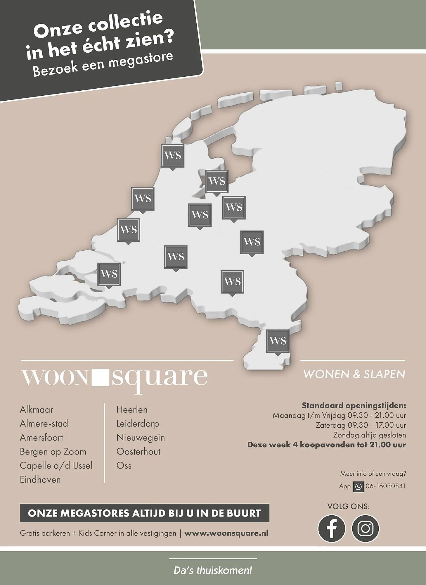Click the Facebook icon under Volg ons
coord(331,529)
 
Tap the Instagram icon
coord(365,529)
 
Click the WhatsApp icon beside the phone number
coord(358,487)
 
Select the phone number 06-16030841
coord(385,486)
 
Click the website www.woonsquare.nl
coord(226,533)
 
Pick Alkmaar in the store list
coord(37,409)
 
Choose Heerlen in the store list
coord(132,409)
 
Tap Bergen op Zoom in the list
coord(53,452)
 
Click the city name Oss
coord(124,466)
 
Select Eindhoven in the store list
coord(40,480)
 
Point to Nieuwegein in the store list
coord(141,438)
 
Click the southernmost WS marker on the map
coord(278,341)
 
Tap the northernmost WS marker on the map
coord(173,156)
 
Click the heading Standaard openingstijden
coord(354,406)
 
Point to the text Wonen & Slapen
coord(354,374)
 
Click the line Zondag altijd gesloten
coord(369,435)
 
